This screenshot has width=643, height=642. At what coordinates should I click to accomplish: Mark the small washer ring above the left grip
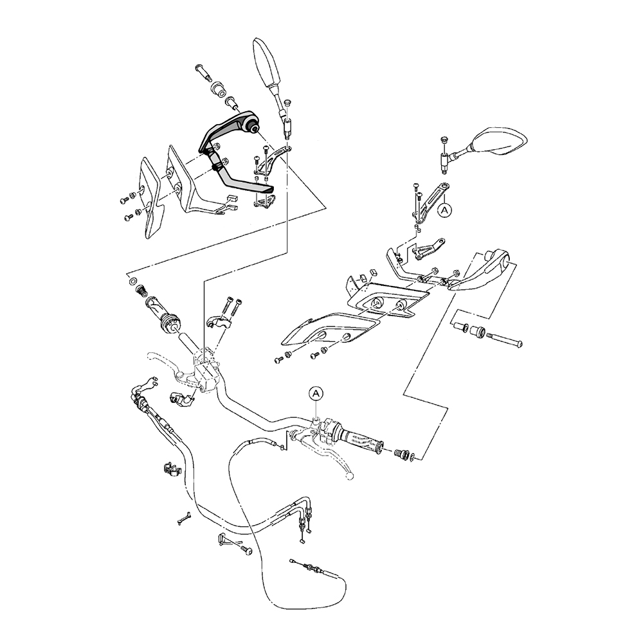131,281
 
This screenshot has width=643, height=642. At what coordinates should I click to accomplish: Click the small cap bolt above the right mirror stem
443,141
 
